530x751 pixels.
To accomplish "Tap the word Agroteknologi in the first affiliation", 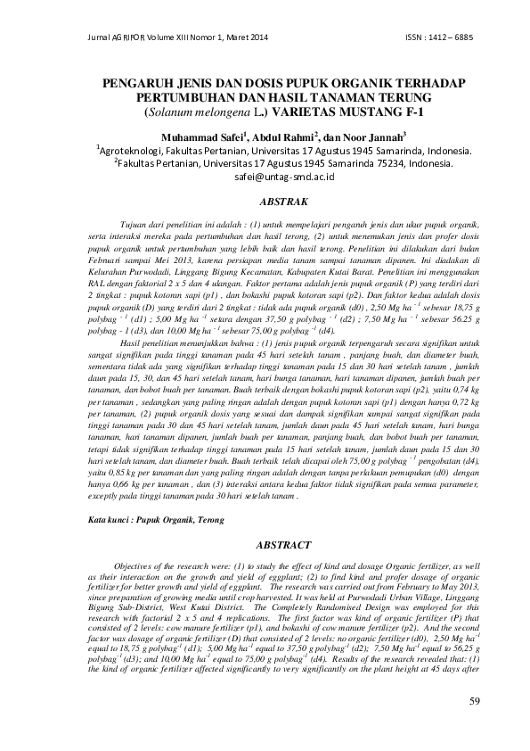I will pos(139,152).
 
